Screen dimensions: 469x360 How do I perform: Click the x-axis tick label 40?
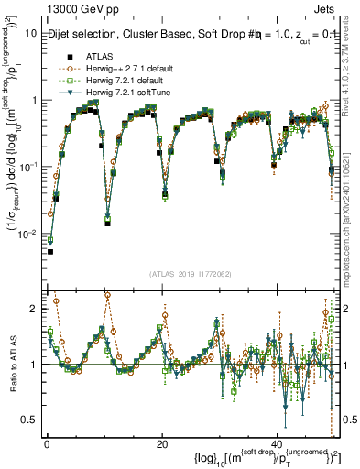coord(277,442)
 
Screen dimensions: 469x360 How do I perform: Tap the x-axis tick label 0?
coord(47,442)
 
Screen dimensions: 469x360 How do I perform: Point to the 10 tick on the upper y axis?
coord(30,33)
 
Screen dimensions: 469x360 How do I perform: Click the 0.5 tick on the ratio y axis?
coord(28,420)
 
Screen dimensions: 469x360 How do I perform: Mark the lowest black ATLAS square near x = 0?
coord(50,251)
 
